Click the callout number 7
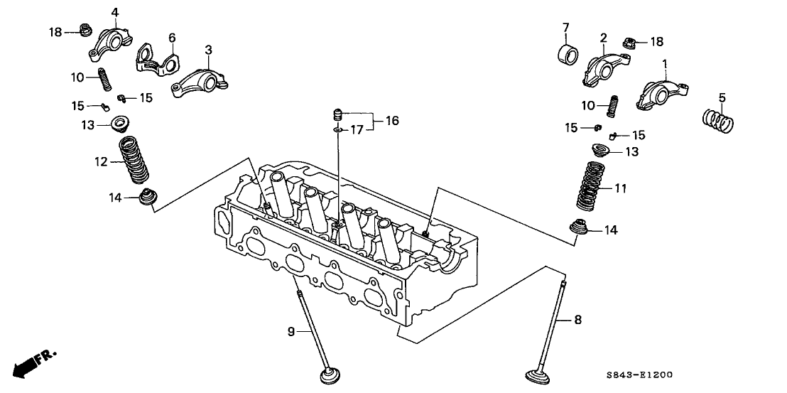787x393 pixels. (566, 28)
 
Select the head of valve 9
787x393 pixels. (327, 375)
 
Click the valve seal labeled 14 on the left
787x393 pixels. (147, 198)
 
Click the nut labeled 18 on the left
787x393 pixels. (84, 31)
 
